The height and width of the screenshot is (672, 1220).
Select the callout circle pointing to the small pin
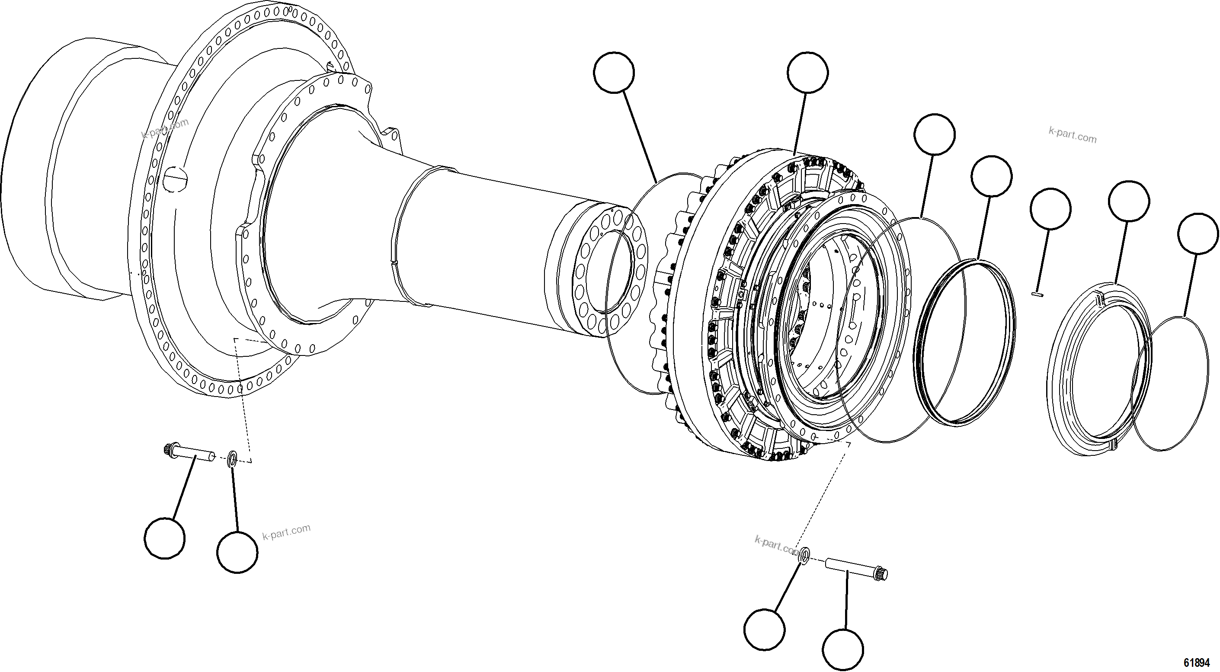[x=1050, y=209]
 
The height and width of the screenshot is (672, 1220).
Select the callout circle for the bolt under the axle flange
[x=165, y=538]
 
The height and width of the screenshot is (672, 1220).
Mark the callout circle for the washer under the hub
[x=765, y=630]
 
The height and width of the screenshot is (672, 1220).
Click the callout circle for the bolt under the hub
[x=842, y=650]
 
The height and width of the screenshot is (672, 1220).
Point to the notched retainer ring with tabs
[x=1099, y=374]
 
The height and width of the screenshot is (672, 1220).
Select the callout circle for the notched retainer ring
[x=1129, y=201]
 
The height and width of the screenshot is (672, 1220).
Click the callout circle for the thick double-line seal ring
[x=992, y=176]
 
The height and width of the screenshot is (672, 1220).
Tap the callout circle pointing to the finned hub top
[x=808, y=73]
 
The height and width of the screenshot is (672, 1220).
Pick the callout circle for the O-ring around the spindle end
[x=613, y=73]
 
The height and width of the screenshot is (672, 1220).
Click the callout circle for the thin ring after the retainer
[x=1198, y=234]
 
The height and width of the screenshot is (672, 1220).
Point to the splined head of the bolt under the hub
[x=882, y=573]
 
